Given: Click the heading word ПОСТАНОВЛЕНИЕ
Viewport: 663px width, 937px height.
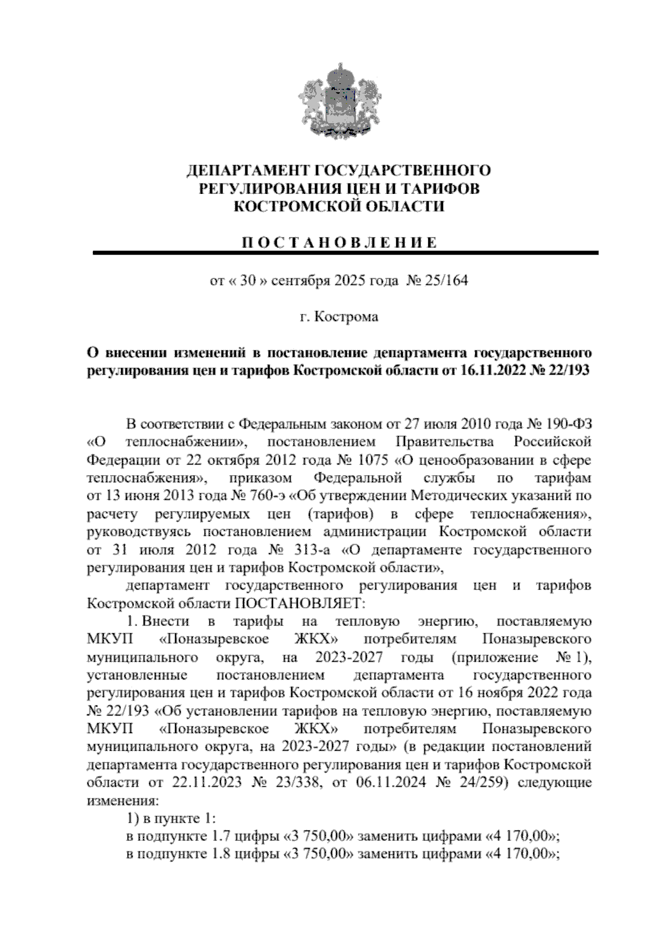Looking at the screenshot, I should click(x=338, y=243).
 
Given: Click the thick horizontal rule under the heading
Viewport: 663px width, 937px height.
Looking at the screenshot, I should click(x=346, y=253).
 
